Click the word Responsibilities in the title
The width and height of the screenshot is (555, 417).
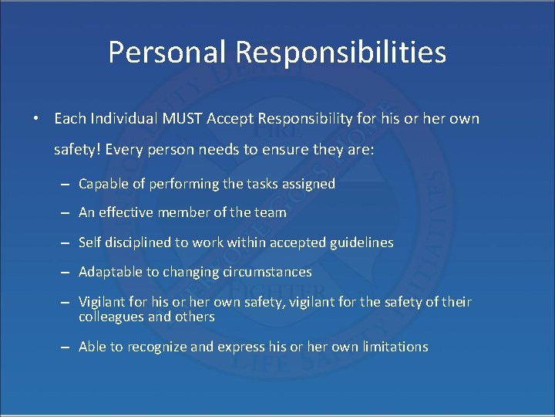point(341,53)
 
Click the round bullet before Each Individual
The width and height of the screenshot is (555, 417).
point(36,120)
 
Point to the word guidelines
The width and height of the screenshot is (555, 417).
point(361,242)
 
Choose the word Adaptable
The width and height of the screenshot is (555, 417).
point(109,272)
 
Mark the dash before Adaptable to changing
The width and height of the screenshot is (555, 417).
point(66,273)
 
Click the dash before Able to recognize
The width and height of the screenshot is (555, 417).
point(66,347)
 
